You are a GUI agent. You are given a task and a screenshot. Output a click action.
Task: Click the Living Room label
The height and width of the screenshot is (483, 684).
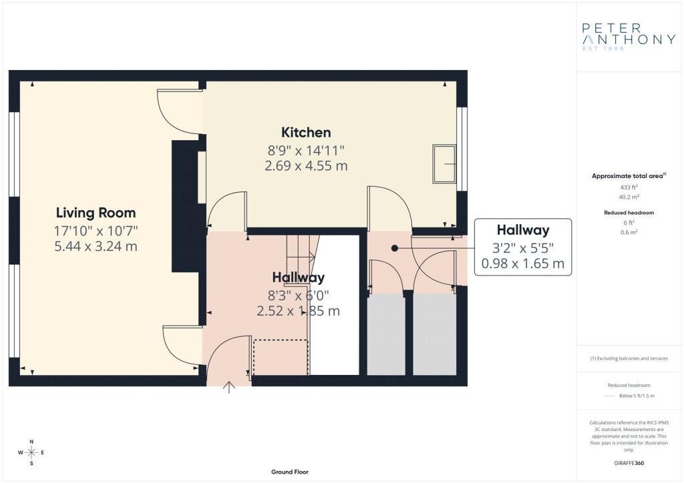(96, 213)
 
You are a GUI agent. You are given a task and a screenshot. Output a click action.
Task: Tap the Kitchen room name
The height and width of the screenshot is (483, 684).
(306, 132)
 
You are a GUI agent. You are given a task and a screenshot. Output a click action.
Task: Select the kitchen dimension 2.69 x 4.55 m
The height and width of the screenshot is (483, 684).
(306, 166)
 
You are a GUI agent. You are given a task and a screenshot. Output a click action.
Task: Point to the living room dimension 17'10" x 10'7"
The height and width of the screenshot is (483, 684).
(96, 231)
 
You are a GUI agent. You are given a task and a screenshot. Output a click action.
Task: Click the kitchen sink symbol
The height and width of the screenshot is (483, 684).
(444, 163)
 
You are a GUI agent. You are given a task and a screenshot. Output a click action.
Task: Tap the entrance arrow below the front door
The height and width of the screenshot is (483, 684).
(229, 387)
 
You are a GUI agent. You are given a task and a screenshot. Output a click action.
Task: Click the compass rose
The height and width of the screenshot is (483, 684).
(31, 452)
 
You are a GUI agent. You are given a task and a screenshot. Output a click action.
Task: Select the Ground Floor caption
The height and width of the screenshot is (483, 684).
(290, 472)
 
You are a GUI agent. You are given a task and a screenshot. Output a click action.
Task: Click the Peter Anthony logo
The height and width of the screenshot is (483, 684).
(629, 37)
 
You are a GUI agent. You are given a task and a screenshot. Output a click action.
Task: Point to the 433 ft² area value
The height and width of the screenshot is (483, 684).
(629, 187)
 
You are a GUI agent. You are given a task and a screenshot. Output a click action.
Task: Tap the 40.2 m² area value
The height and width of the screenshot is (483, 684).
(629, 197)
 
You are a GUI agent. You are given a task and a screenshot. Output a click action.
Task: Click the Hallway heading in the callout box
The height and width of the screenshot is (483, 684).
(522, 230)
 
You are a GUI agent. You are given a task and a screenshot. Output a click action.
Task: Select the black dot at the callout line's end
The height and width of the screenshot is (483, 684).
(394, 248)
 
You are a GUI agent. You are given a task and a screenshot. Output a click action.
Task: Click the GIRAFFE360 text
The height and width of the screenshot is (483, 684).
(629, 463)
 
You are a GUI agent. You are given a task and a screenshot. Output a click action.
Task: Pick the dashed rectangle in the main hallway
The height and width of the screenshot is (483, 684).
(281, 357)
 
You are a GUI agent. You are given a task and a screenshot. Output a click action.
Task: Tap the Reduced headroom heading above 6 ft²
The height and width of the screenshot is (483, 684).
(629, 213)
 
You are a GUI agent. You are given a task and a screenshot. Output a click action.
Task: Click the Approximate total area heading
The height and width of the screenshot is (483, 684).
(629, 176)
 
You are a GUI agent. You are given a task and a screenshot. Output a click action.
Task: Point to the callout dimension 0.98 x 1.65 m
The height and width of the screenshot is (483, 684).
(522, 264)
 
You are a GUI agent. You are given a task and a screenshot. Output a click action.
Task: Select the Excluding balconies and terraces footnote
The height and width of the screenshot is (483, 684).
(629, 358)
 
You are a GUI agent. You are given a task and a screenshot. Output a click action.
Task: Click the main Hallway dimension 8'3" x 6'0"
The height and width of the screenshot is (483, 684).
(299, 296)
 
